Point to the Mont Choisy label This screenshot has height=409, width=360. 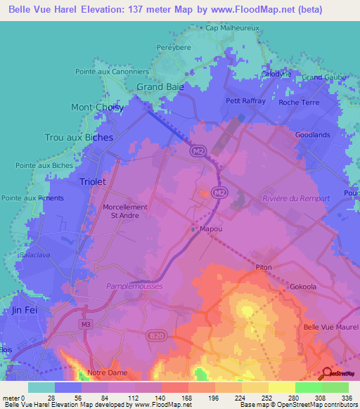tap(97, 108)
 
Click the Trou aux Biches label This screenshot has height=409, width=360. tap(78, 138)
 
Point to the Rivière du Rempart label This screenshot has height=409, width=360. tap(295, 198)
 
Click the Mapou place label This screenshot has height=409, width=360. tap(211, 229)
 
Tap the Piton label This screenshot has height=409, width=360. tap(264, 267)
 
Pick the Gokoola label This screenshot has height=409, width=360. tap(304, 287)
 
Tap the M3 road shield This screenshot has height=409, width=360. tap(85, 324)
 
